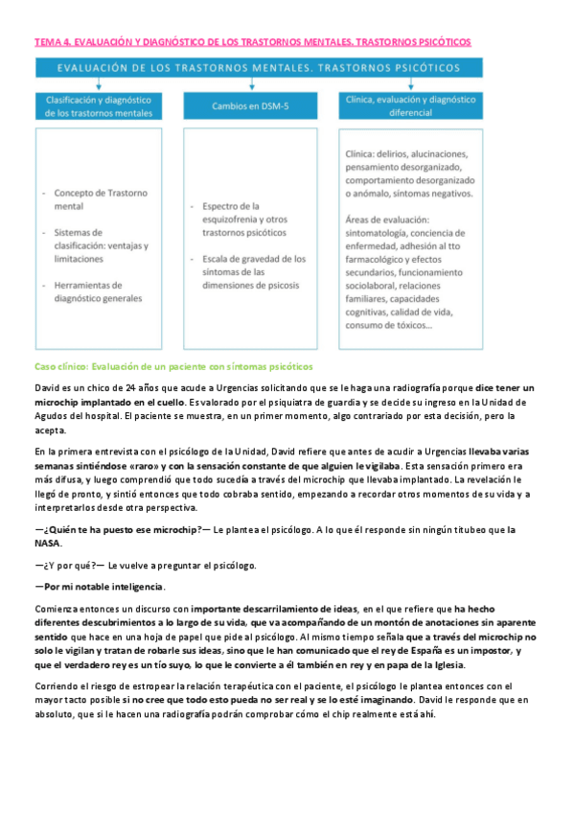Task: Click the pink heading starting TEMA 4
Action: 253,43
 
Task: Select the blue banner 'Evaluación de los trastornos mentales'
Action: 260,69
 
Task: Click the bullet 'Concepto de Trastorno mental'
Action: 96,198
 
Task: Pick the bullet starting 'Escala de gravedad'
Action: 252,271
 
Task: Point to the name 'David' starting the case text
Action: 47,387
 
